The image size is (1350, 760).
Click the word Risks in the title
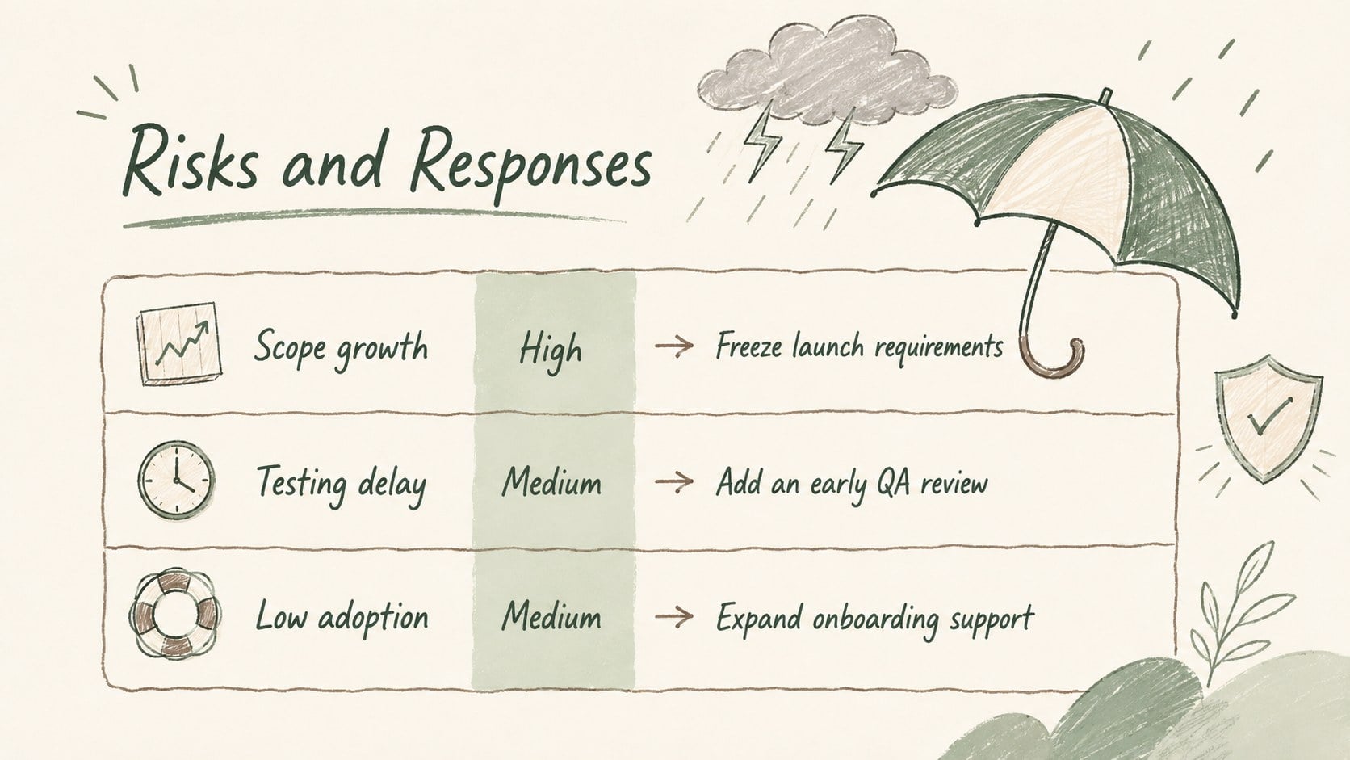coord(191,159)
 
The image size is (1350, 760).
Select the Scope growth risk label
coord(341,348)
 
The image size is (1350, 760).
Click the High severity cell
coord(551,351)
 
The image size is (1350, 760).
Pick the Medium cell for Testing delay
coord(551,483)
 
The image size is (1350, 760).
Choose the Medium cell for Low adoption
coord(551,616)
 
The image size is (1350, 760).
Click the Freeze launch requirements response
coord(859,347)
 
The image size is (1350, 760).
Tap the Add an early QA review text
coord(852,483)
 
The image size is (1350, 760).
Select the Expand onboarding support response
coord(875,618)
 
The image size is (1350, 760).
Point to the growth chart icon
coord(179,343)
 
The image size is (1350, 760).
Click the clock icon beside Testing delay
coord(176,480)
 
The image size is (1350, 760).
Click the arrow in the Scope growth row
coord(674,346)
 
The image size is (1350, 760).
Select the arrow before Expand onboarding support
coord(674,616)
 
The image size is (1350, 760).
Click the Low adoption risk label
coord(342,617)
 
